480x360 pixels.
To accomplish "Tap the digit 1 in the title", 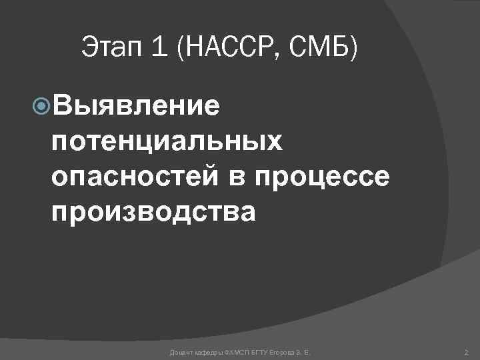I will pos(155,48).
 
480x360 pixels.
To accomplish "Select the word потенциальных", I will pos(167,141).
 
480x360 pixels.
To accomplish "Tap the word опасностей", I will pos(133,177).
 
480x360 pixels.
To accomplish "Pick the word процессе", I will pos(320,177).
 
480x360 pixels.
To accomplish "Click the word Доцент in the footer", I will pos(182,351).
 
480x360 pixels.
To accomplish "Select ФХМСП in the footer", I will pos(237,351).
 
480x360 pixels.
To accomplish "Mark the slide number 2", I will pos(465,351).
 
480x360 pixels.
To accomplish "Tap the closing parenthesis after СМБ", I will pos(353,48).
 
